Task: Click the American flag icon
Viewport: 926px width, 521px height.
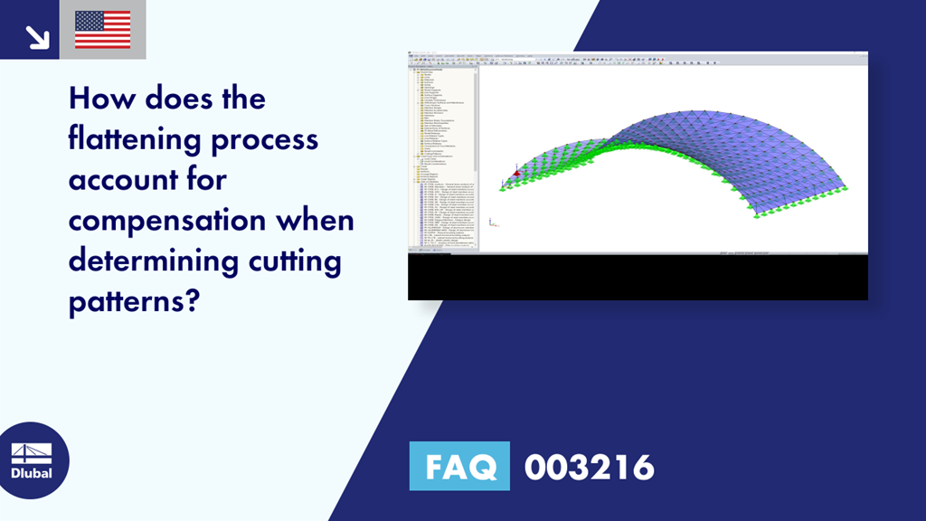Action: (x=102, y=30)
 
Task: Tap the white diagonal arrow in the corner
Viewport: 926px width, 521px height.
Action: (x=36, y=36)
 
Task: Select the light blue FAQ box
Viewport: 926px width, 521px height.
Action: (x=459, y=467)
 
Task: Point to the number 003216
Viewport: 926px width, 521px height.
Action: (x=589, y=467)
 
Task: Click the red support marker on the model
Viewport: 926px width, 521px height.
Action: (x=516, y=173)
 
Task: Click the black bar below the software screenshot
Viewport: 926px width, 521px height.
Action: (x=638, y=278)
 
